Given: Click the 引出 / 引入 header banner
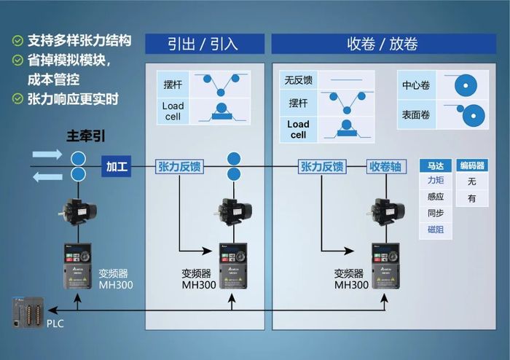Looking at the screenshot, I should coord(203,44).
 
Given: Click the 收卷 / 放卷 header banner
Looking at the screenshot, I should coord(382,44).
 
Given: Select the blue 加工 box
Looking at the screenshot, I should coord(117,167).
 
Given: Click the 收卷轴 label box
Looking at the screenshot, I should coord(385,167).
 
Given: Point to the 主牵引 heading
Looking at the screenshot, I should coord(82,136).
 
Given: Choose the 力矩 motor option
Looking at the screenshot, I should coord(436,181).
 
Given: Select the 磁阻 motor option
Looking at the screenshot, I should coord(436,230).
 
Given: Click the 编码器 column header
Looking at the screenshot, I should coord(471,166).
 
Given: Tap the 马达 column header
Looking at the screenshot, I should coord(436,166).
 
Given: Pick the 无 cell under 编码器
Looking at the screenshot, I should coord(471,181).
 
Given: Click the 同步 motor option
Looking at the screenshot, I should coord(436,214).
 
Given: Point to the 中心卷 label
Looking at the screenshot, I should coord(416,85).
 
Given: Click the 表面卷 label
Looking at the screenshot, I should coord(416,114).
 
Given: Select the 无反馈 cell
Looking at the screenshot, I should coord(298,80).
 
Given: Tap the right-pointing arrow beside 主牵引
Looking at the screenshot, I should coord(47,154).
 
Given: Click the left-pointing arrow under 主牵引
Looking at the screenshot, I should coord(47,177).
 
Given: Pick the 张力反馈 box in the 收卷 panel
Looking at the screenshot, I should coord(321,167).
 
